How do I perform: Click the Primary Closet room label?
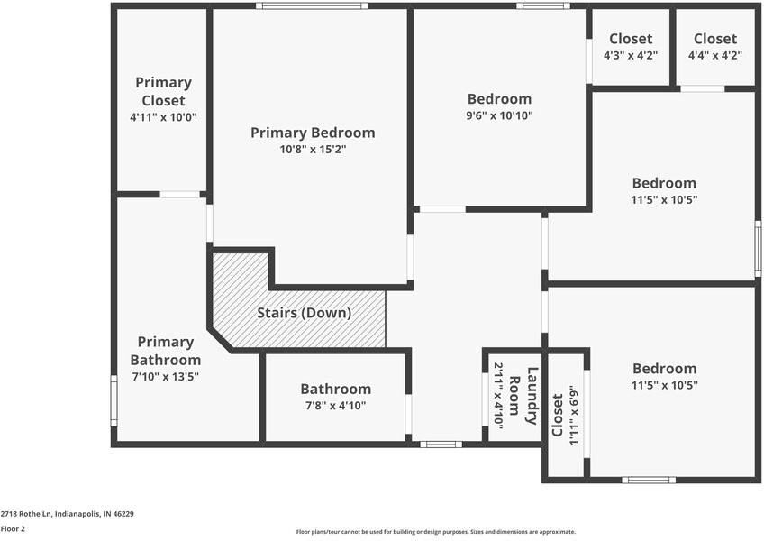click(163, 91)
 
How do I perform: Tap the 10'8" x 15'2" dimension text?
click(313, 150)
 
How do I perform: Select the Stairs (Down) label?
click(304, 313)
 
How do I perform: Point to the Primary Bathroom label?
click(166, 351)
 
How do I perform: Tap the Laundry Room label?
click(525, 396)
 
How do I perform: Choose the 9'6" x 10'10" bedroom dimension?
click(499, 115)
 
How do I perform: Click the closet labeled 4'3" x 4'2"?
click(631, 46)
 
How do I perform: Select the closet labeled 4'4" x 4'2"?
click(715, 46)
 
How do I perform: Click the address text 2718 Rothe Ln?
click(67, 513)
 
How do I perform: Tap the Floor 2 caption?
click(13, 529)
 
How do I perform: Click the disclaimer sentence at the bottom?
click(436, 532)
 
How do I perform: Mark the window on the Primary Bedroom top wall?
click(311, 6)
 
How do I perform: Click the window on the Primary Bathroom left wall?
click(114, 400)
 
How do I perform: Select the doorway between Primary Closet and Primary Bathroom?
click(180, 194)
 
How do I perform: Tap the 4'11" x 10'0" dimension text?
click(163, 117)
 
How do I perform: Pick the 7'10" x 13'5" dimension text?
click(166, 377)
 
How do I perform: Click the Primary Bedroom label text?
click(313, 133)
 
